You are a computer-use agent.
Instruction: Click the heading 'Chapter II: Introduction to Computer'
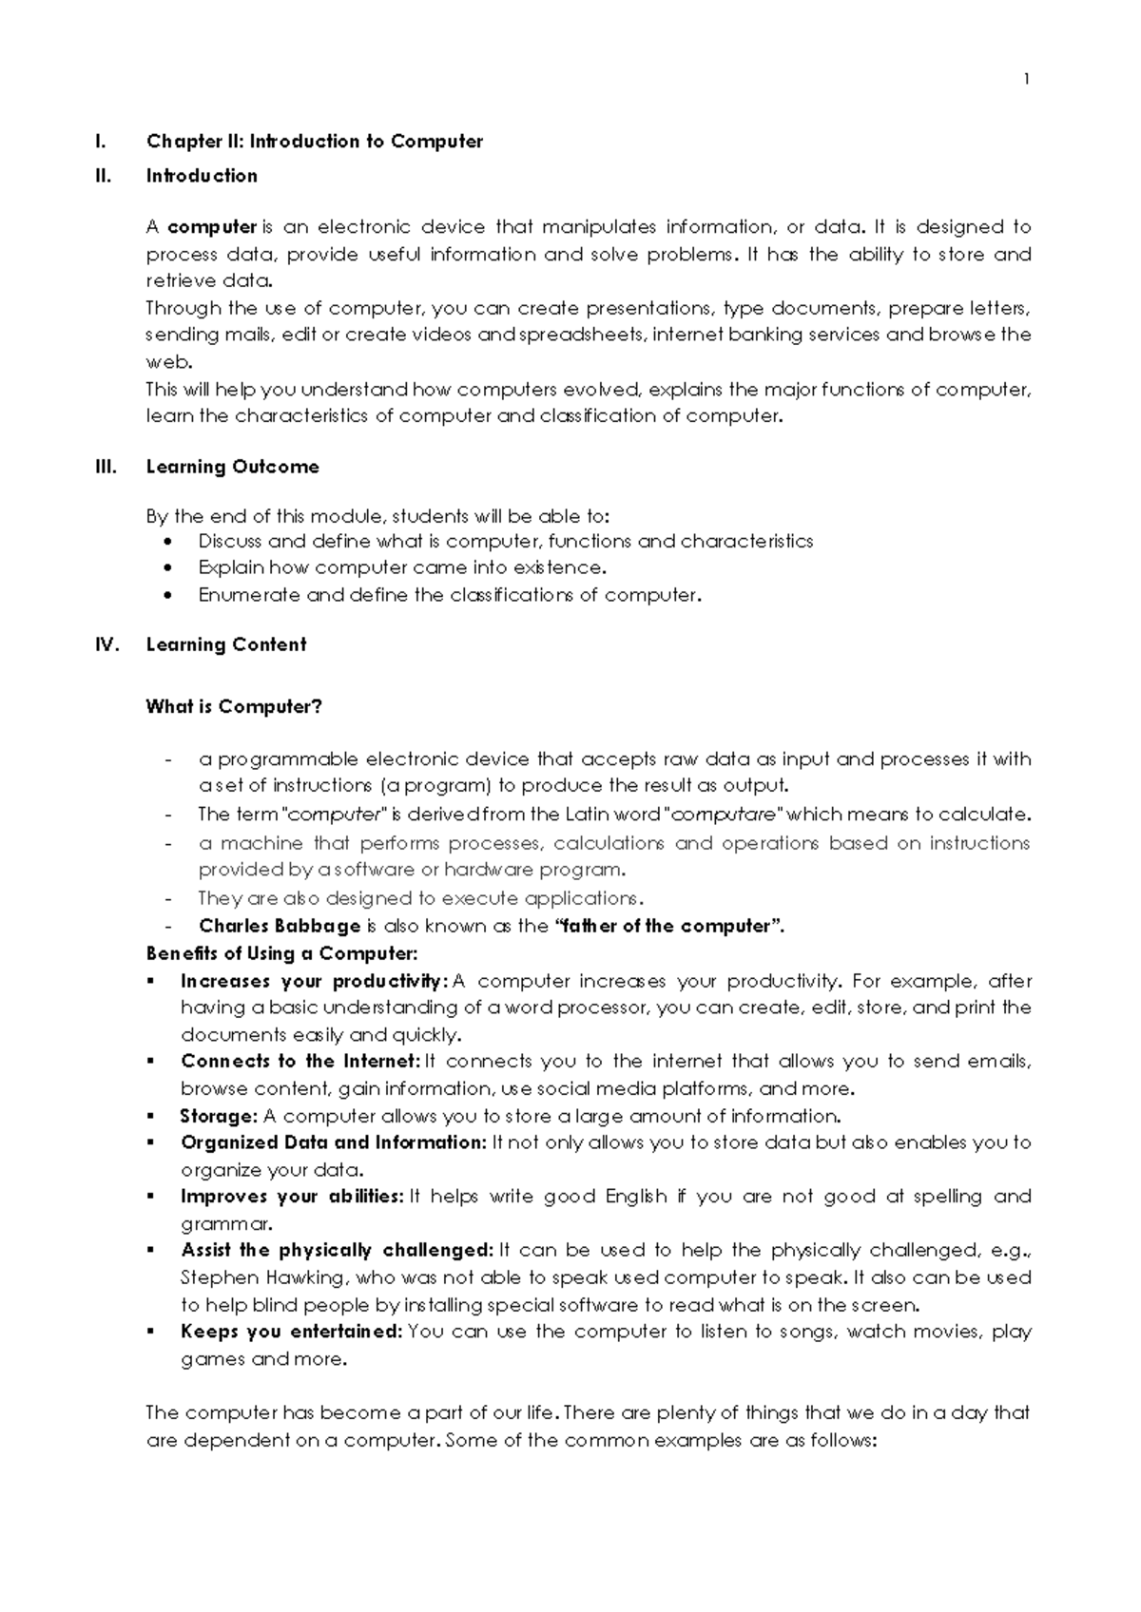tap(314, 142)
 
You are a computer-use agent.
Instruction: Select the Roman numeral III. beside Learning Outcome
tap(105, 467)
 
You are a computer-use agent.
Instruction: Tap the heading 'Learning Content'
tap(225, 644)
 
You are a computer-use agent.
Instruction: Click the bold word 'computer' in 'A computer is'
tap(212, 227)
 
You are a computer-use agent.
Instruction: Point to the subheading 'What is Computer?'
tap(233, 707)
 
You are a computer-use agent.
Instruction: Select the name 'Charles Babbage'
tap(280, 926)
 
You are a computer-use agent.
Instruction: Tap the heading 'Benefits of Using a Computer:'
tap(281, 953)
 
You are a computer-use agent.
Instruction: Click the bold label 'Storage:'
tap(219, 1116)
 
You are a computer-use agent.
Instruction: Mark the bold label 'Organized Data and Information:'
tap(333, 1142)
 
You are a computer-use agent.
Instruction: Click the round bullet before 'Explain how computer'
tap(168, 568)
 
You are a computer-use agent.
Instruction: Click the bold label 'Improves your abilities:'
tap(292, 1197)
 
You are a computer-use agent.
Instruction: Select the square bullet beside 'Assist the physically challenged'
tap(151, 1251)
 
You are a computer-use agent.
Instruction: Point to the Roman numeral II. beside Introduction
tap(103, 176)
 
